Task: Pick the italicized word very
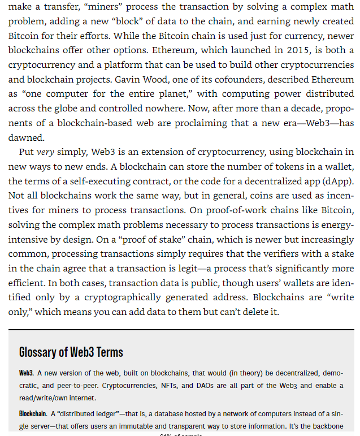45,152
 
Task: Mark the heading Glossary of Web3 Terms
71,352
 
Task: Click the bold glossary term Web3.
26,373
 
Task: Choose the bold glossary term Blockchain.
33,414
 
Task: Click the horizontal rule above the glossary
181,330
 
